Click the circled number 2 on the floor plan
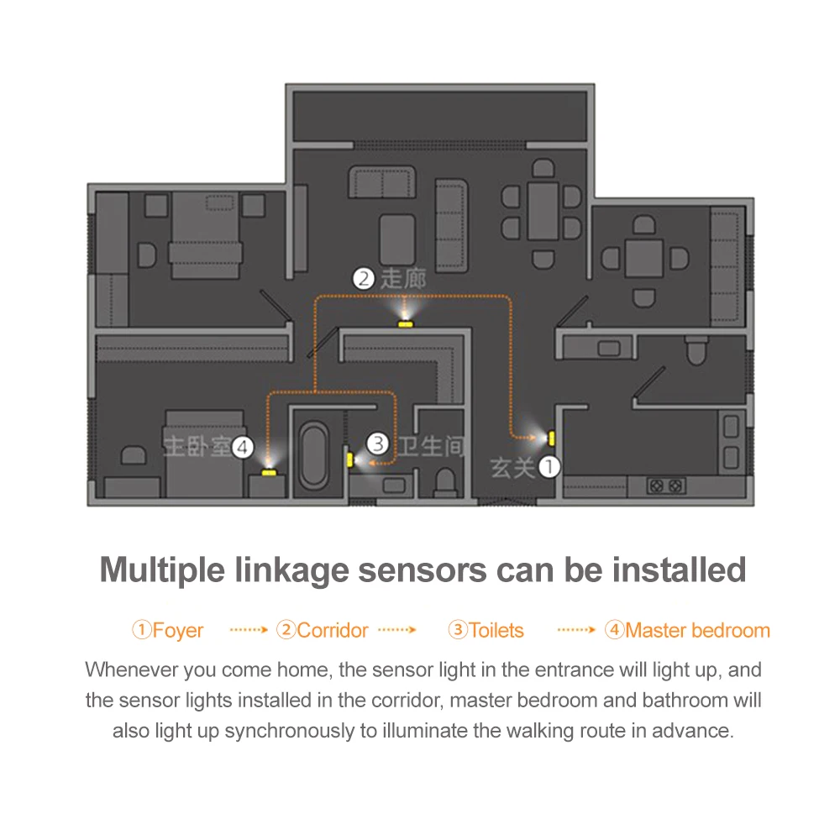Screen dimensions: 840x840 coord(363,278)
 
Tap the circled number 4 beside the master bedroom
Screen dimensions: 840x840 coord(242,447)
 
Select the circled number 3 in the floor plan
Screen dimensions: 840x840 coord(378,443)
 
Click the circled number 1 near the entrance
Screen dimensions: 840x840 coord(548,466)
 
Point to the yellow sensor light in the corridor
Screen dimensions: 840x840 coord(406,323)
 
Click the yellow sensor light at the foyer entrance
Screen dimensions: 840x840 coord(551,437)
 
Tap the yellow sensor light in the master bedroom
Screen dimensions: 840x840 coord(268,472)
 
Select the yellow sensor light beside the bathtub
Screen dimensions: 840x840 coord(349,459)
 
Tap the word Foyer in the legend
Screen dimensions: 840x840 coord(178,630)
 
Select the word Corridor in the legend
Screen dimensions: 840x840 coord(333,630)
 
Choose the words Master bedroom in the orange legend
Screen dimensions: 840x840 coord(697,630)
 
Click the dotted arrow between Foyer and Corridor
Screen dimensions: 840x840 coord(249,629)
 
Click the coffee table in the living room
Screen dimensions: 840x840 coord(396,238)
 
